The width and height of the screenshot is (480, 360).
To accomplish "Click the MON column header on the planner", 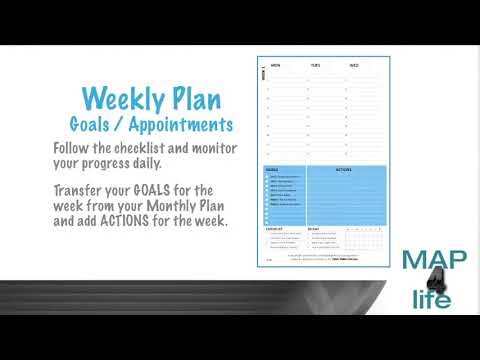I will coord(275,65).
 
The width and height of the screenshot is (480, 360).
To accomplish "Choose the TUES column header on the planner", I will coord(315,65).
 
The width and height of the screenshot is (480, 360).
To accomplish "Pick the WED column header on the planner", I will coord(354,65).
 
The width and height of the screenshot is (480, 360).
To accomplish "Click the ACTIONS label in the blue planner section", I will coord(342,169).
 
